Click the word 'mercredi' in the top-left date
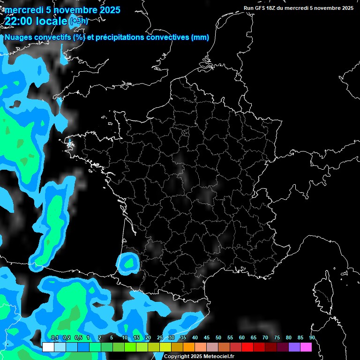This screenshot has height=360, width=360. click(x=21, y=10)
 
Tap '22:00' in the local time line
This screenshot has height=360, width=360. click(x=18, y=21)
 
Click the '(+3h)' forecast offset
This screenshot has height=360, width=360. click(x=79, y=21)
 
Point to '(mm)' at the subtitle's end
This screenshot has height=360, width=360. click(x=200, y=37)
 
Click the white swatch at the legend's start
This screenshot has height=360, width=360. click(x=48, y=347)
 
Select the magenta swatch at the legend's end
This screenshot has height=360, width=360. click(x=306, y=347)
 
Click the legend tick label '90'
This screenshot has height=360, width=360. click(x=312, y=338)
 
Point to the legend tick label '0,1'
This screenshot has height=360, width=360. click(x=54, y=338)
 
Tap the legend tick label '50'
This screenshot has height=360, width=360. click(x=218, y=338)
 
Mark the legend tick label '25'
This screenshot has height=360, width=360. click(x=160, y=338)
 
